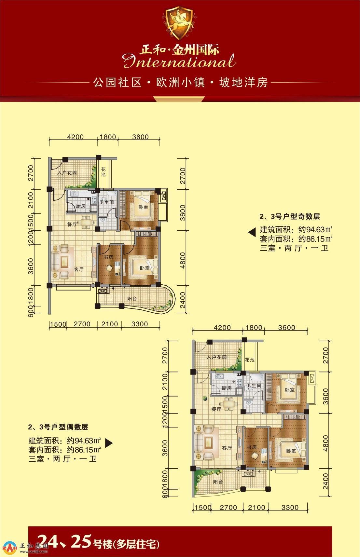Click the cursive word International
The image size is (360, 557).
click(x=179, y=61)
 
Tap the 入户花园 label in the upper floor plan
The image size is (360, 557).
click(x=67, y=172)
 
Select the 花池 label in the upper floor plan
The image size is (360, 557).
click(x=103, y=171)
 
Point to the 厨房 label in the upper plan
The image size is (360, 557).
click(x=81, y=206)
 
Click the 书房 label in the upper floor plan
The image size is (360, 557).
click(x=108, y=257)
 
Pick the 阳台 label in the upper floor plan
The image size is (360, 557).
click(x=132, y=298)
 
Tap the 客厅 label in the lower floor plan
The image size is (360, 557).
click(x=227, y=448)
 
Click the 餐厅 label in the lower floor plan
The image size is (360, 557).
click(x=216, y=409)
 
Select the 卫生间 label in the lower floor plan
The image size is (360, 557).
click(x=254, y=386)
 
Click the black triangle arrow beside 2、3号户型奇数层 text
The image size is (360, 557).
click(x=252, y=233)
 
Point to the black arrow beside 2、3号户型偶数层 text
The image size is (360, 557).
click(x=109, y=442)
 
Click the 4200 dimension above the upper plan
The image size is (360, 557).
click(x=76, y=137)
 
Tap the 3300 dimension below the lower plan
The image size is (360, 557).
click(x=290, y=507)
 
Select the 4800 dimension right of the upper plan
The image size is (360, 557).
click(x=183, y=260)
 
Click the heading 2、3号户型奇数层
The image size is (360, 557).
click(x=290, y=216)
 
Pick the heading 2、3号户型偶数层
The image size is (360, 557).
click(x=58, y=427)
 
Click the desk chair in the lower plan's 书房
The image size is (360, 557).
click(x=255, y=455)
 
